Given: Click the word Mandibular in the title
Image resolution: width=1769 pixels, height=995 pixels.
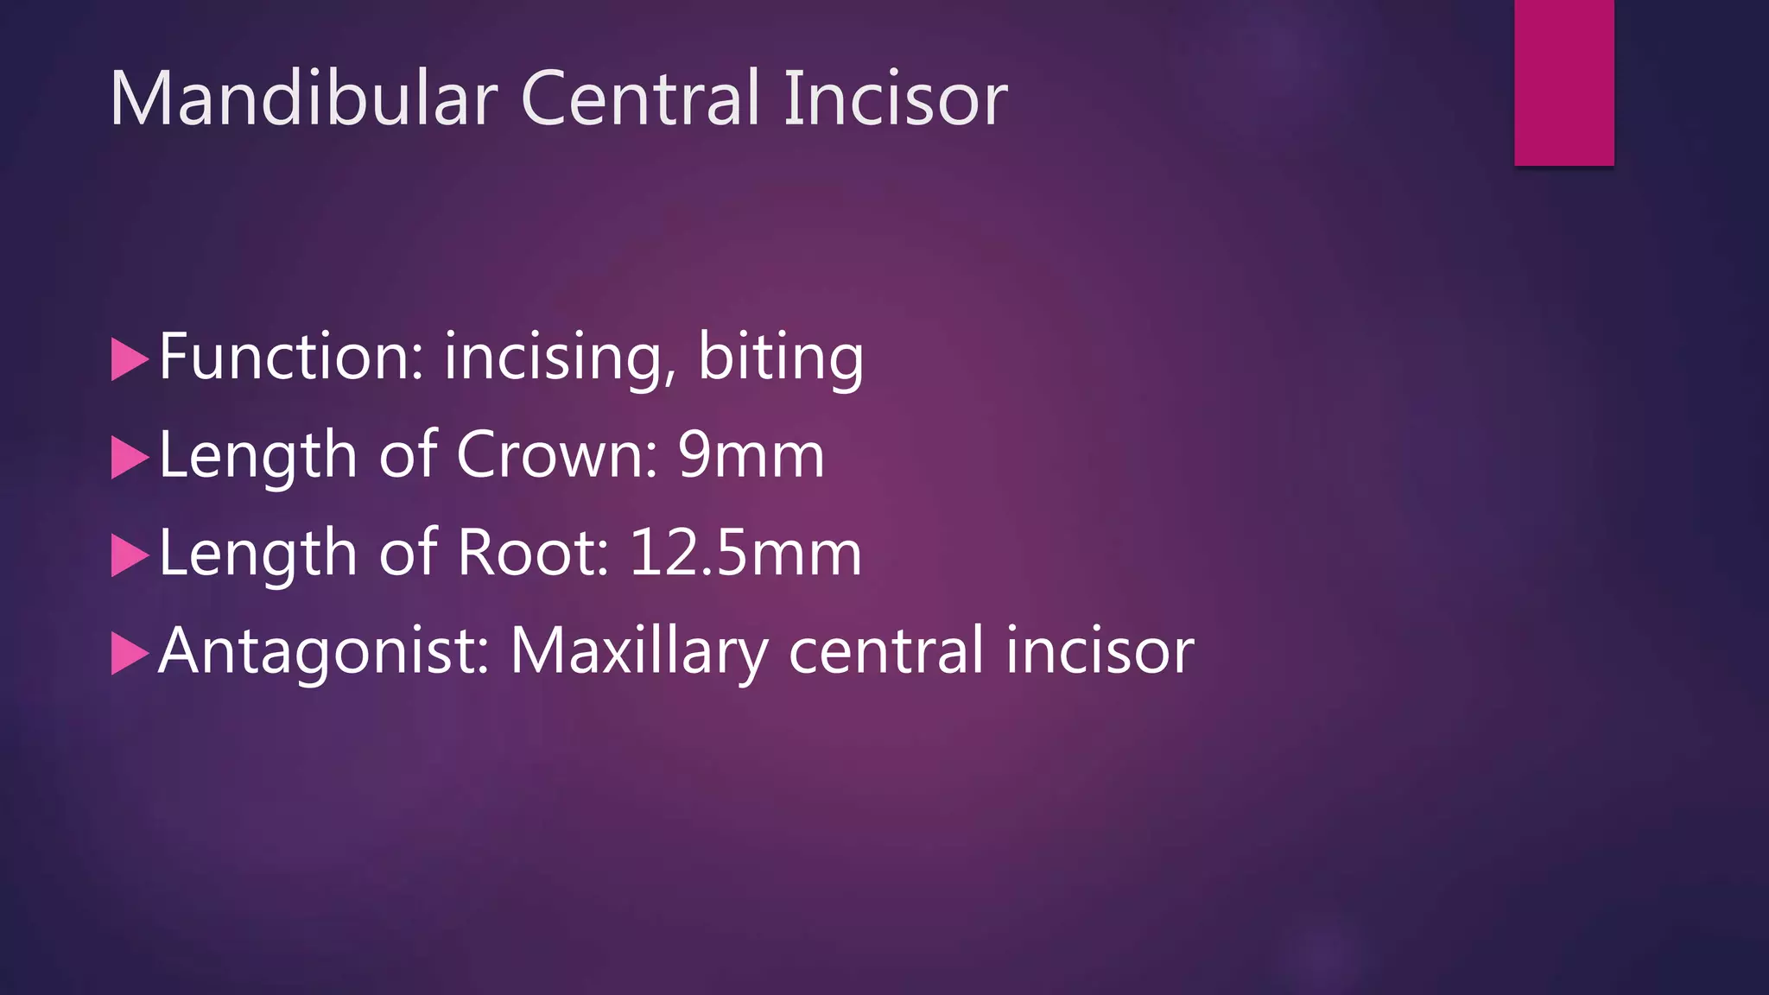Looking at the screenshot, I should coord(303,98).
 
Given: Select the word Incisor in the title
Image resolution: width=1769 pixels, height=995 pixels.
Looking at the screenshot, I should coord(895,98).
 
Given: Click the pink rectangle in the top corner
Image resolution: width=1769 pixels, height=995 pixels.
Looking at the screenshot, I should coord(1563,82).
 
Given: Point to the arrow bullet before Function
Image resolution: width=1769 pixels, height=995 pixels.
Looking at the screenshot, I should coord(130,359).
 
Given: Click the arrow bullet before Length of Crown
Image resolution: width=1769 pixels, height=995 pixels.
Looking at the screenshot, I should coord(130,458).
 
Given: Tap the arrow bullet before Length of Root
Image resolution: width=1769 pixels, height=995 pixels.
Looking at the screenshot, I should coord(130,555).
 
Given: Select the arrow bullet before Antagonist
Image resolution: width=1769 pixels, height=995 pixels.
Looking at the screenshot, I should coord(130,654).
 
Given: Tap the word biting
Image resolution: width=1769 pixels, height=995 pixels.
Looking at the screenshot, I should coord(780,358).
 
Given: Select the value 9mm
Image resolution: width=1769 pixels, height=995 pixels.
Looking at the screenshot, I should coord(751,454).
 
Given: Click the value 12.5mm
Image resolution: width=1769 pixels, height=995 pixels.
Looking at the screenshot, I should coord(745,553).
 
